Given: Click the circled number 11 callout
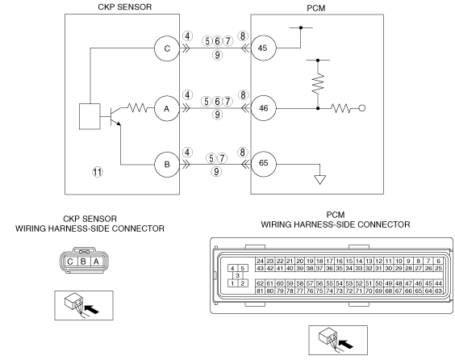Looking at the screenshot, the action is click(98, 172).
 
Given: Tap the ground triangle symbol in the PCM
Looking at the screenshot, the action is click(319, 180).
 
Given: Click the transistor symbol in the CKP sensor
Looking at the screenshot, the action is click(115, 116).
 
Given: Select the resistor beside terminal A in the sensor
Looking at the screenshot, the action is click(137, 108).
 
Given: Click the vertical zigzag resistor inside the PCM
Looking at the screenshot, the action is click(318, 84).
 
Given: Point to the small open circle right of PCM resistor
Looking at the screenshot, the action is click(362, 108).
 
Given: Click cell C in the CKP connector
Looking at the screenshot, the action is click(70, 262).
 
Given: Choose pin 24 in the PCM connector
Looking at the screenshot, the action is click(260, 261).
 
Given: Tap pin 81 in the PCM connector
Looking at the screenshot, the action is click(260, 291).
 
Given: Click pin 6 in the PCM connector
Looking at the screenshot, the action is click(438, 261).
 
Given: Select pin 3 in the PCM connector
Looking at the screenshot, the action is click(238, 275).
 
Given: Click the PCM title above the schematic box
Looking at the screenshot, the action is click(316, 8).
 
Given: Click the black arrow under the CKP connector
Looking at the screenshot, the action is click(91, 309).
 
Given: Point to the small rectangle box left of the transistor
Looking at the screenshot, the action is click(90, 116).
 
